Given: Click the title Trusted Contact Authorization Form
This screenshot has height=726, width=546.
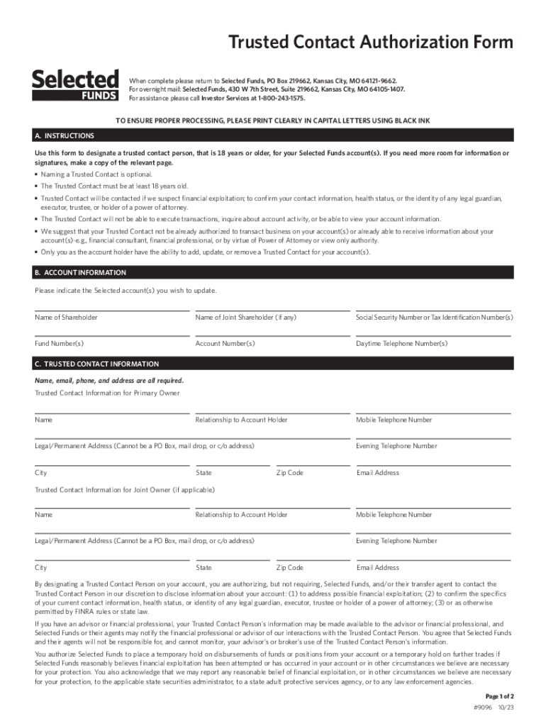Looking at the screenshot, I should [x=370, y=43].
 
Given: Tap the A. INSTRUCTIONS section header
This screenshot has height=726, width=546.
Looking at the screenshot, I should [x=65, y=135].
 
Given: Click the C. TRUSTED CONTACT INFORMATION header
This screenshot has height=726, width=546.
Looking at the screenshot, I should [x=97, y=364].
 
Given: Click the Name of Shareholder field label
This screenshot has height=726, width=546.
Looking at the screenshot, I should [x=66, y=318].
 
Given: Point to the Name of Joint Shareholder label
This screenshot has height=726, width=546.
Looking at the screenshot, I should [x=245, y=318].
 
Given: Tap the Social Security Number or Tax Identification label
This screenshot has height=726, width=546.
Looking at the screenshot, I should [x=434, y=318].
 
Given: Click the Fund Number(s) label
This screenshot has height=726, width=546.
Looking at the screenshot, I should [x=59, y=344].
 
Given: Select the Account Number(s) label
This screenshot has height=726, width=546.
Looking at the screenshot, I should [x=225, y=344].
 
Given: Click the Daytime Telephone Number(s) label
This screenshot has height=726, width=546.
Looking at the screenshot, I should [x=401, y=344].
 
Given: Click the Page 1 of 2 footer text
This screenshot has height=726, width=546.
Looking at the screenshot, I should [x=499, y=696].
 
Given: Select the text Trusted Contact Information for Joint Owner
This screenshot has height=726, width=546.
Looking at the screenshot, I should [x=125, y=490].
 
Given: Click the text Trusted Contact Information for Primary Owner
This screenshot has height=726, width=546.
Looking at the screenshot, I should [x=107, y=393].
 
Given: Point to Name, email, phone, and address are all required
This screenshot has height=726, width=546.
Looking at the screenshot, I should [x=108, y=381].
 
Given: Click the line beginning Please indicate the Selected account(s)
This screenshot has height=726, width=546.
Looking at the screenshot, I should [x=126, y=291].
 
